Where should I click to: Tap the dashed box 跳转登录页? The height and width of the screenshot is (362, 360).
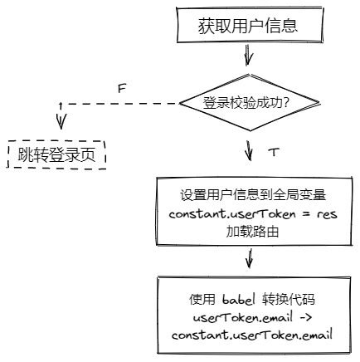[x=57, y=155]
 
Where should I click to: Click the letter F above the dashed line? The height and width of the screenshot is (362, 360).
[x=121, y=87]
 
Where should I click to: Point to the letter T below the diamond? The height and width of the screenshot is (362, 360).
[x=274, y=154]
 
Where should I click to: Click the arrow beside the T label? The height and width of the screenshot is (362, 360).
[x=249, y=152]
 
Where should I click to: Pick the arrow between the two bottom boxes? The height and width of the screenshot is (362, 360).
[x=250, y=258]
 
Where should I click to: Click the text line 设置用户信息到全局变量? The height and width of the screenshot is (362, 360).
[x=250, y=197]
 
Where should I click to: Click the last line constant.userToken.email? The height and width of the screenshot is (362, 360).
[x=252, y=335]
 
